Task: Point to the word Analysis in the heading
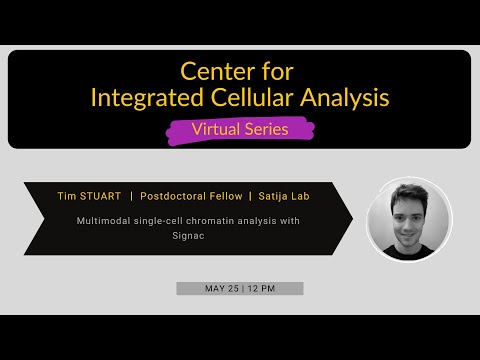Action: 345,98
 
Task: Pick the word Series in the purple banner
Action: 271,129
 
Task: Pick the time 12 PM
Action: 264,288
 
